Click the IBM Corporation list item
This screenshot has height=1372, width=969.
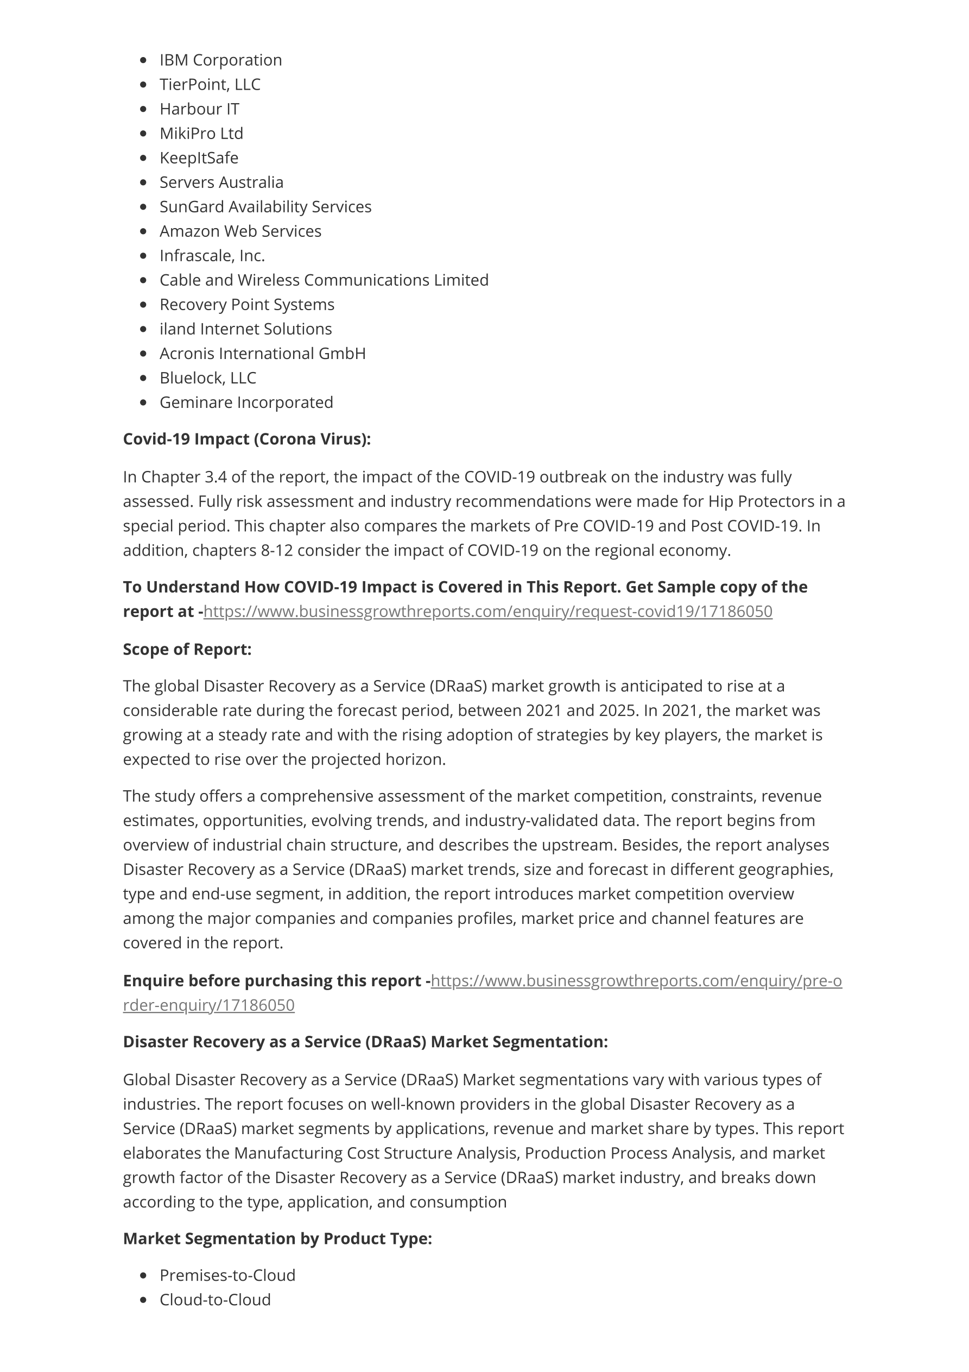(220, 60)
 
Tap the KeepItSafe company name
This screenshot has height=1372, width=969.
(198, 159)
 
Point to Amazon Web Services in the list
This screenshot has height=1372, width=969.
(240, 231)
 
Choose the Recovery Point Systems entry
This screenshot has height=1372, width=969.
(247, 305)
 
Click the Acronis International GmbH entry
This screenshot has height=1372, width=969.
(262, 354)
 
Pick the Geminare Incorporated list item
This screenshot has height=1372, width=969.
(246, 403)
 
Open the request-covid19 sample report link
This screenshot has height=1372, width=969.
(487, 612)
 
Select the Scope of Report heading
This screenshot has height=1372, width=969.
(187, 650)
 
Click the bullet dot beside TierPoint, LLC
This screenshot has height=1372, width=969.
(143, 85)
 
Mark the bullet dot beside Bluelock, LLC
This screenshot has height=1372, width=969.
(143, 378)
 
